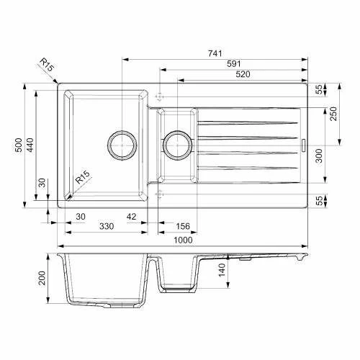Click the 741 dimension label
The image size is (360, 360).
(215, 53)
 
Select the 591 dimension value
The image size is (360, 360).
(234, 64)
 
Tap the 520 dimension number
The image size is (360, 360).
(243, 74)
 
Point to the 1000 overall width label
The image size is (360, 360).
(183, 240)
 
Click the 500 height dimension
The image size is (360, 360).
(19, 145)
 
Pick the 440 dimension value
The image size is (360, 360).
(30, 145)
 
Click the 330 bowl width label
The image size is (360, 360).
(107, 226)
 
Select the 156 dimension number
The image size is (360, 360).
(183, 226)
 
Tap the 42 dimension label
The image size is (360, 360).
(131, 217)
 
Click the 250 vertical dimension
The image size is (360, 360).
(333, 114)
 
